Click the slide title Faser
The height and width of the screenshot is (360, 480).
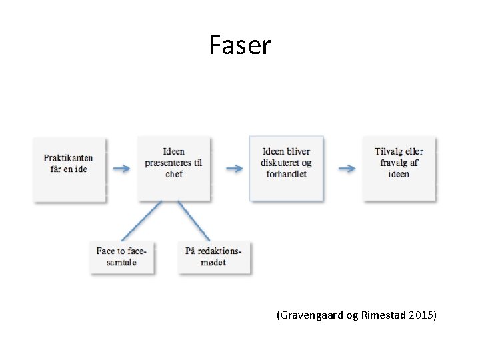(240, 45)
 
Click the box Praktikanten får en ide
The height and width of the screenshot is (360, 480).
(69, 169)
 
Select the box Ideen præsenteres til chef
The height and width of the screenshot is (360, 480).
(174, 168)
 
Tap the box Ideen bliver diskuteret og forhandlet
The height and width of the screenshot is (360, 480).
(287, 168)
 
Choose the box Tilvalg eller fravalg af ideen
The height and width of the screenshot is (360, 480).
(399, 168)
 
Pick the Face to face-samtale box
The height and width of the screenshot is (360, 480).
(123, 257)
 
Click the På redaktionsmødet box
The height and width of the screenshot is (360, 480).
(214, 257)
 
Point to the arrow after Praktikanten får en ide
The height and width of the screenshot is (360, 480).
(122, 169)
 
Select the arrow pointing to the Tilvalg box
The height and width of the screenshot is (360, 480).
(347, 169)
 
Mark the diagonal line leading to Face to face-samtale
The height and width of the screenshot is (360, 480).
(141, 221)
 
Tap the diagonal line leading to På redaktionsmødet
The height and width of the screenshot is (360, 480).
(194, 221)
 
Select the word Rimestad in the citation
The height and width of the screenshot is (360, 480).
(383, 315)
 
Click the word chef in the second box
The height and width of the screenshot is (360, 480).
(174, 174)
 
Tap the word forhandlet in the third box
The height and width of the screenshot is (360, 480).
(287, 174)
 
